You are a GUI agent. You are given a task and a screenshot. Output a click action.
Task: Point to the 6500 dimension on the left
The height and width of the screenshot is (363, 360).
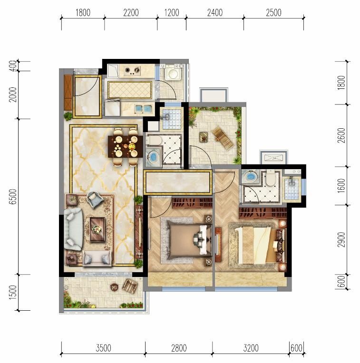click(13, 196)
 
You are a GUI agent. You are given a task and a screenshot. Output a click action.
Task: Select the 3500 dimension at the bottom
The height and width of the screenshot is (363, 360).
click(103, 348)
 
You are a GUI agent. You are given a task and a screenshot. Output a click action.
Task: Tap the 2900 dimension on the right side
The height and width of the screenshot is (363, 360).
click(341, 239)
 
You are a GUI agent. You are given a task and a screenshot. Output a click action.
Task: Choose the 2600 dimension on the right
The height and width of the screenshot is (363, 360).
click(341, 135)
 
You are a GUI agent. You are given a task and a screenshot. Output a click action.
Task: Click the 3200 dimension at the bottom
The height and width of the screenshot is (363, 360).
click(251, 348)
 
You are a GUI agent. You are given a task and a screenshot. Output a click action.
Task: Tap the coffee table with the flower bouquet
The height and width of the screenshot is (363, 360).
click(97, 229)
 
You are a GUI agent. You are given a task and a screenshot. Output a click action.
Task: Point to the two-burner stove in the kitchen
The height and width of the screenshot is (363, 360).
click(132, 71)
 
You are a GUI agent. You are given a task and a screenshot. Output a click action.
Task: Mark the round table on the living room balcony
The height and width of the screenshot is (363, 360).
click(114, 287)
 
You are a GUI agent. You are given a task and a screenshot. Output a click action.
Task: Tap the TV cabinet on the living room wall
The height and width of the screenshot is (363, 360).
click(139, 233)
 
